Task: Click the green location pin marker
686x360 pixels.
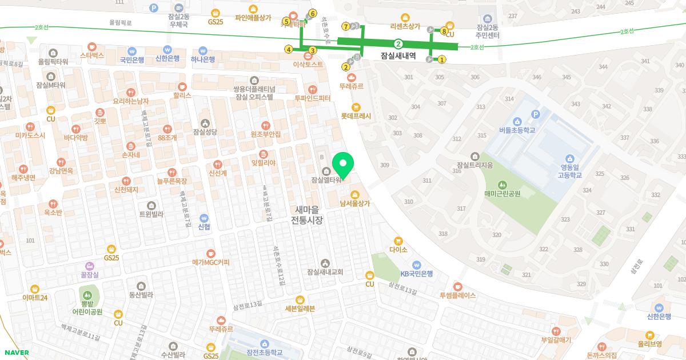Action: pos(342,165)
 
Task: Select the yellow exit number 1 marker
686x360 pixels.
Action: pos(441,59)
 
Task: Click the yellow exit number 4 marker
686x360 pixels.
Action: pos(289,50)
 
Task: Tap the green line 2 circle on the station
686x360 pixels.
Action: pos(398,43)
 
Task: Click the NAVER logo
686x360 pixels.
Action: pos(15,353)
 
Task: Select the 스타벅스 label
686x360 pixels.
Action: pos(91,55)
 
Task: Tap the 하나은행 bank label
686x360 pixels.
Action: pos(203,59)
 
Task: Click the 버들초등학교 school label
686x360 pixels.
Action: pos(517,130)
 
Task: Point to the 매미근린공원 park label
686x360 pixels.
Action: pos(502,193)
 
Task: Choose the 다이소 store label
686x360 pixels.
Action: pos(398,249)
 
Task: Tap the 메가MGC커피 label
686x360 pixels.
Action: pos(211,262)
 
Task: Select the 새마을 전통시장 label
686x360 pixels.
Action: pos(307,214)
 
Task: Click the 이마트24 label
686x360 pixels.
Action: pos(35,297)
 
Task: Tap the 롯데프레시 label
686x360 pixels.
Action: pos(356,116)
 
